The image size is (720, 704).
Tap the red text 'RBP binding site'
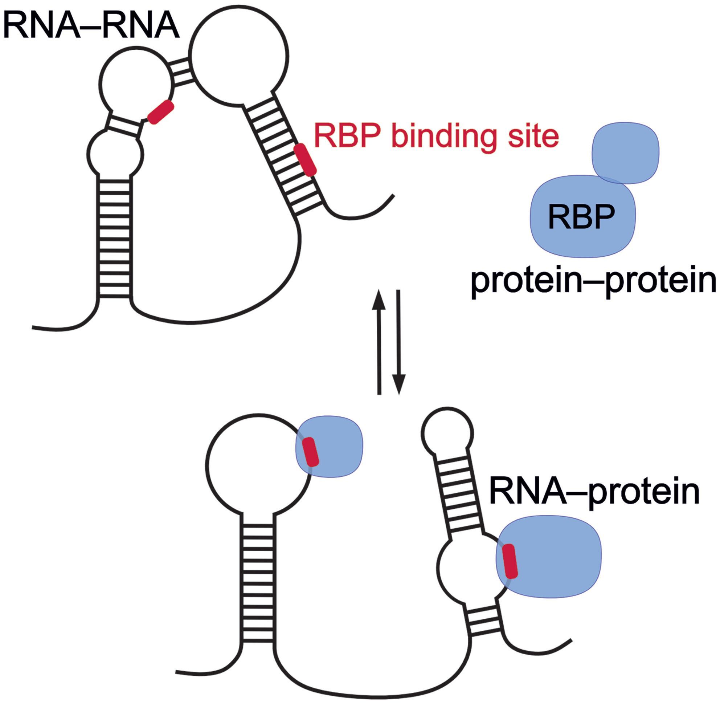436,136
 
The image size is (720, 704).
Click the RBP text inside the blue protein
581,217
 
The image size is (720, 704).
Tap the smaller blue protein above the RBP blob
625,153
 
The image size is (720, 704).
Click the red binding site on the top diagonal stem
305,159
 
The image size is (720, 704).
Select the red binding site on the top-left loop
160,112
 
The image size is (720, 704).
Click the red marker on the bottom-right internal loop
511,561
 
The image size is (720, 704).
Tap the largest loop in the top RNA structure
239,56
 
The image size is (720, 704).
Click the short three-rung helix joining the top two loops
181,73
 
